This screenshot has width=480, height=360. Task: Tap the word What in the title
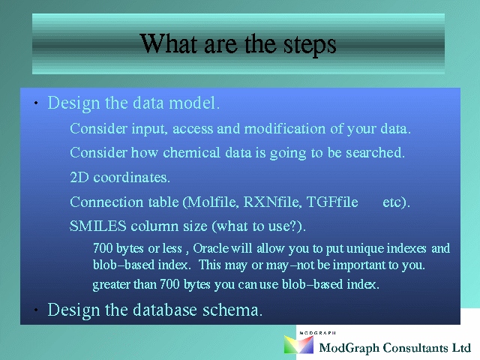click(x=168, y=43)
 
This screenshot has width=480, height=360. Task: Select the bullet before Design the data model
click(x=36, y=103)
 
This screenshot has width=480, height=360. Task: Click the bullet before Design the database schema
click(x=36, y=310)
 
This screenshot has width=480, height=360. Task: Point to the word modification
click(x=285, y=128)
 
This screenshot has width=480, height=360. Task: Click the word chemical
click(x=192, y=152)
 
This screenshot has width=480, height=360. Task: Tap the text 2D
click(x=79, y=177)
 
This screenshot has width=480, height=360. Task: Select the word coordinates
click(x=132, y=178)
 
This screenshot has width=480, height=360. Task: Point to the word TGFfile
click(x=332, y=202)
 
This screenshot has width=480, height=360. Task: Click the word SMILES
click(x=98, y=226)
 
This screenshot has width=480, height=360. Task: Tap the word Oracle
click(x=211, y=248)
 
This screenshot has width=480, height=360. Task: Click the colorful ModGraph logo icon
click(x=298, y=344)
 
